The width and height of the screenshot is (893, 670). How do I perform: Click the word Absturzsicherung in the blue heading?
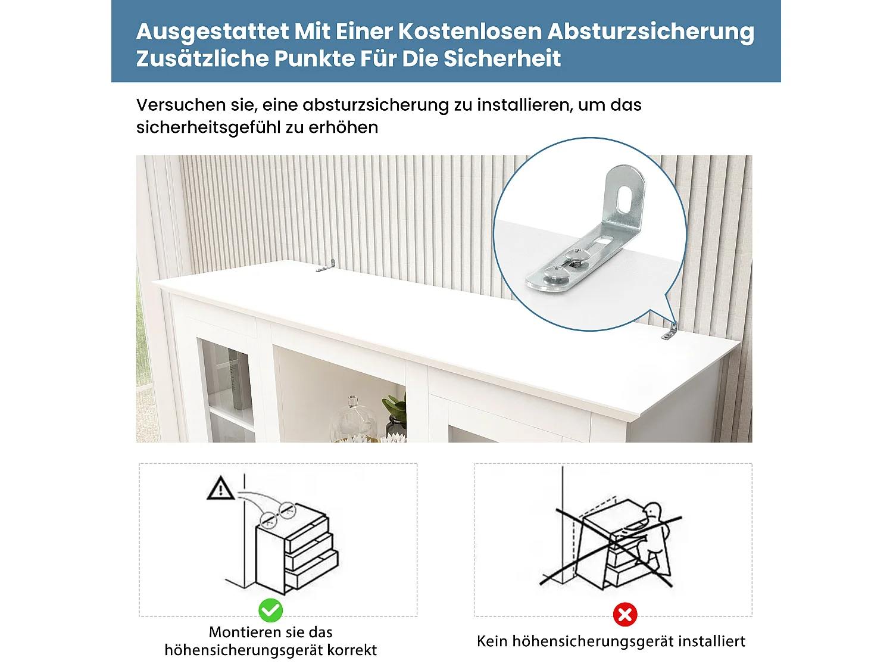pyautogui.click(x=650, y=32)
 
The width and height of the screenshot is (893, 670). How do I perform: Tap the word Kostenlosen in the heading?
pyautogui.click(x=470, y=32)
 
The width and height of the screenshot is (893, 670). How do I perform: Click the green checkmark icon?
pyautogui.click(x=271, y=610)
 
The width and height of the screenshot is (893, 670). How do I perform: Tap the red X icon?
pyautogui.click(x=625, y=614)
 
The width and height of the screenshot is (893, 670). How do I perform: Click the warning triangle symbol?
pyautogui.click(x=220, y=488)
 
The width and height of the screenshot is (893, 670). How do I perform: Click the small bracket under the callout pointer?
pyautogui.click(x=670, y=332)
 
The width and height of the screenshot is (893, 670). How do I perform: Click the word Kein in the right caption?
pyautogui.click(x=492, y=641)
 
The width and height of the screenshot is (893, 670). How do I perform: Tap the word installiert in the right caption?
pyautogui.click(x=711, y=641)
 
